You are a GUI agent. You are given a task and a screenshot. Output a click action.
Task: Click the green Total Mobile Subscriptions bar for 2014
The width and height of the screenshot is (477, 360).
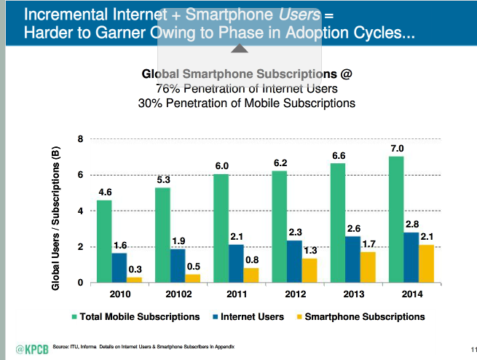click(395, 219)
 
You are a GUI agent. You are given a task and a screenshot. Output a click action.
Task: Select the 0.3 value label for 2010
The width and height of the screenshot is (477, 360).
click(135, 269)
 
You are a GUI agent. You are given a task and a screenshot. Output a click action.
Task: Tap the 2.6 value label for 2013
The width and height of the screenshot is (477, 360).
click(354, 228)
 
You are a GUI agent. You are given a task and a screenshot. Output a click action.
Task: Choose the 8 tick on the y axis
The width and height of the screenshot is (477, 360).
click(81, 138)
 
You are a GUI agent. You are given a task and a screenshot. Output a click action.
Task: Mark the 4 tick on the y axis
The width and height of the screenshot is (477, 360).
click(81, 211)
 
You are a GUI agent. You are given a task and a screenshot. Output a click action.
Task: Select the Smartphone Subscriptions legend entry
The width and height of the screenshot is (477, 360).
click(363, 317)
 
